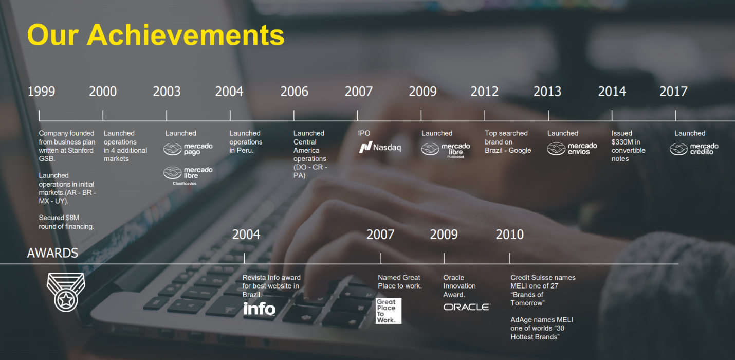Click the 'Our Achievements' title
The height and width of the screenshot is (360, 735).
[x=156, y=35]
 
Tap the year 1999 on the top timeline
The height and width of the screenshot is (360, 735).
[x=41, y=91]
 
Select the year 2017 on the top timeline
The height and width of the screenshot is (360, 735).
[x=673, y=91]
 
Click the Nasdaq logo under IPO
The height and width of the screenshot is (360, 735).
[x=380, y=148]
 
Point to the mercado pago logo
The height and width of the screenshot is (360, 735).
[x=188, y=149]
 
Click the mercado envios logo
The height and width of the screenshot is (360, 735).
[x=572, y=149]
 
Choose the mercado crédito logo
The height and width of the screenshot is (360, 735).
[x=694, y=149]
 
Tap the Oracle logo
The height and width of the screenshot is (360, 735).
[x=467, y=307]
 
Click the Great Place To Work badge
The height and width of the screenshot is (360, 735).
[x=389, y=311]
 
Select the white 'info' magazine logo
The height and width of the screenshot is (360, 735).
[x=259, y=309]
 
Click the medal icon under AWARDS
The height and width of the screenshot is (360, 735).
[x=66, y=292]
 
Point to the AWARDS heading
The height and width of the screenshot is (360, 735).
[x=52, y=253]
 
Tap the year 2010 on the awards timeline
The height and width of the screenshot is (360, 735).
[x=509, y=235]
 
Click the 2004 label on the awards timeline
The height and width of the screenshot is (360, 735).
[x=246, y=235]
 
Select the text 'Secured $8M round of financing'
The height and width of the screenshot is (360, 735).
[x=67, y=222]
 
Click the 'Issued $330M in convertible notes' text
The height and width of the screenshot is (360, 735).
[x=629, y=146]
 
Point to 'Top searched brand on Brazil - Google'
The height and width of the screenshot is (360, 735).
[x=508, y=142]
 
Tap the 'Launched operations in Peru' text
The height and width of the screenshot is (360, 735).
[x=246, y=142]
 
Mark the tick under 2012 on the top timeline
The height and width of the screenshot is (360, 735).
[x=485, y=116]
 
